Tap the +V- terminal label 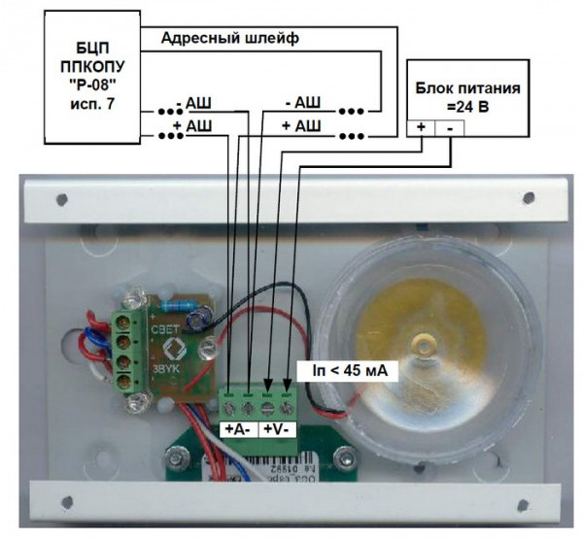(x=280, y=428)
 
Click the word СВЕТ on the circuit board (x=163, y=330)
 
